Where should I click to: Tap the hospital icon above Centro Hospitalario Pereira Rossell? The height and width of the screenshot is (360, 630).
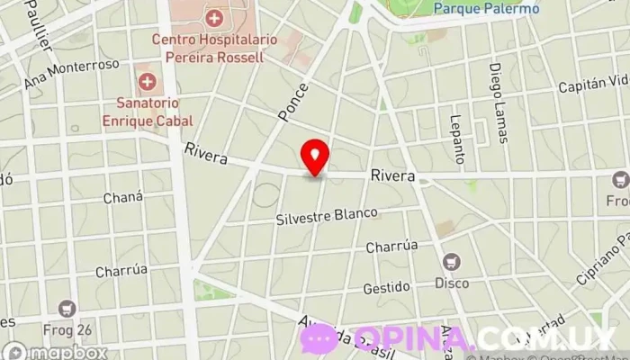(x=214, y=17)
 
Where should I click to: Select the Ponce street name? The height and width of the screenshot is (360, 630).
(x=293, y=103)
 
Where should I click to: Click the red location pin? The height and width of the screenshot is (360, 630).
(x=315, y=157)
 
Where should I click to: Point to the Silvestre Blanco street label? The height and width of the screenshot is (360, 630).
(x=328, y=218)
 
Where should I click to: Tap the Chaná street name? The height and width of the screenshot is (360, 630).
(x=123, y=197)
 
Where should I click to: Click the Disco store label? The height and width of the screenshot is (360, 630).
(x=452, y=283)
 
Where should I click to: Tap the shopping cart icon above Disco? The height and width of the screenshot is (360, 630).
(x=452, y=263)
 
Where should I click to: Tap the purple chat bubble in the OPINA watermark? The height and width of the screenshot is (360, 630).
(x=318, y=339)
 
